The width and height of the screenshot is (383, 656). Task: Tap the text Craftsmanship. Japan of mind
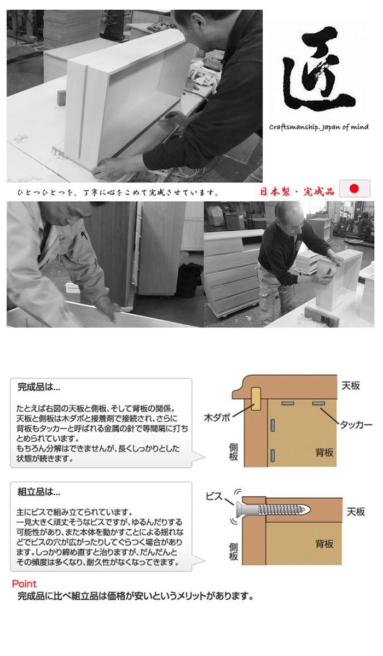(319, 127)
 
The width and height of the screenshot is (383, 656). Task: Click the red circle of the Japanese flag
(355, 189)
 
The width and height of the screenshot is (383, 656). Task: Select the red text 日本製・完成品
(297, 192)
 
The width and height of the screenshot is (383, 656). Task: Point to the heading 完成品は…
(39, 387)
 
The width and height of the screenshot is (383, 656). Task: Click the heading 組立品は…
(39, 491)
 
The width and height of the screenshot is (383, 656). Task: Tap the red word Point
(24, 584)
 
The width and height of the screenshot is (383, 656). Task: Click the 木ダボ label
(217, 418)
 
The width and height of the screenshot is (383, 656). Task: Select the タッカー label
(356, 425)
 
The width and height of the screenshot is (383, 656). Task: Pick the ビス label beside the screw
(214, 496)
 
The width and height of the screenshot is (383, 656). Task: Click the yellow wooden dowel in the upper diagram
(256, 399)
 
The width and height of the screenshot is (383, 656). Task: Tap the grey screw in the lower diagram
(273, 510)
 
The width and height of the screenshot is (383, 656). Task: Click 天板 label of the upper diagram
(351, 386)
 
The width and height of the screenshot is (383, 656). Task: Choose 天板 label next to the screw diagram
(356, 512)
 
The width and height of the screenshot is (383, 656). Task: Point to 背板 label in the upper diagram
(324, 453)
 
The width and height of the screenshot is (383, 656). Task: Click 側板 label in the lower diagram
(234, 552)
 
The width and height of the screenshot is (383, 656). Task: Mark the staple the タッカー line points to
(318, 403)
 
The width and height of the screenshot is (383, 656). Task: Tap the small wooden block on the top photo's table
(61, 98)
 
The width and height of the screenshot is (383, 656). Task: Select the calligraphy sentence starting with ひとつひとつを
(118, 192)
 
